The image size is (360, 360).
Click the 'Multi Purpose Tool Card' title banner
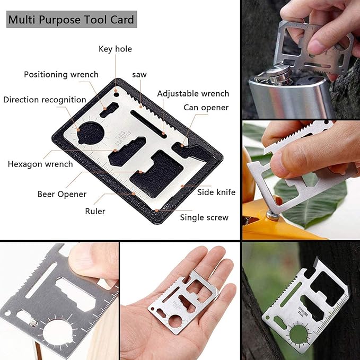[71, 21]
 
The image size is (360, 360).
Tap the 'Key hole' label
[115, 49]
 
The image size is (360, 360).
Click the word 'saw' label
[139, 75]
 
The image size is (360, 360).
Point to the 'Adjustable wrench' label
[193, 94]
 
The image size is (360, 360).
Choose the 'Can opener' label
[206, 108]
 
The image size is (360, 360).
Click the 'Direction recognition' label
[45, 100]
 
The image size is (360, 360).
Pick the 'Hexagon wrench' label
[40, 164]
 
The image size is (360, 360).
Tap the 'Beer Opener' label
[62, 194]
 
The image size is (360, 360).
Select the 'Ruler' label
[95, 211]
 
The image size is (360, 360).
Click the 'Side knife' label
[216, 192]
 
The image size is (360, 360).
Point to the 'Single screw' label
[204, 217]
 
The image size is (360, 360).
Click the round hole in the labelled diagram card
[92, 132]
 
